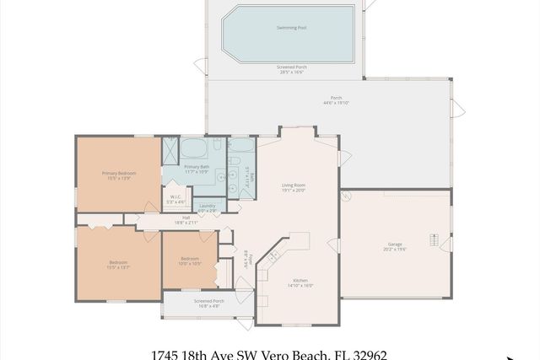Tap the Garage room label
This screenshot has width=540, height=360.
(395, 244)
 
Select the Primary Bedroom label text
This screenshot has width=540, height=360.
(119, 173)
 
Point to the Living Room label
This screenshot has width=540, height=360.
(293, 185)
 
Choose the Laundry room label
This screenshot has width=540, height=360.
(207, 206)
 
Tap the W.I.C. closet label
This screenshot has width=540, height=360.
(175, 199)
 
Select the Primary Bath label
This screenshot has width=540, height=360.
(197, 167)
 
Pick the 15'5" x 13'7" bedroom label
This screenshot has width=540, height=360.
(118, 267)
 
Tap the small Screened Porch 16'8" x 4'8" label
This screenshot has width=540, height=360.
(208, 303)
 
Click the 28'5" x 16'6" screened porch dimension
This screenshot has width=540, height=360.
(290, 73)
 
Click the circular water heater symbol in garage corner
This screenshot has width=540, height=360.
(346, 196)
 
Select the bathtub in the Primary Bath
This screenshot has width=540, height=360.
(194, 148)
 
